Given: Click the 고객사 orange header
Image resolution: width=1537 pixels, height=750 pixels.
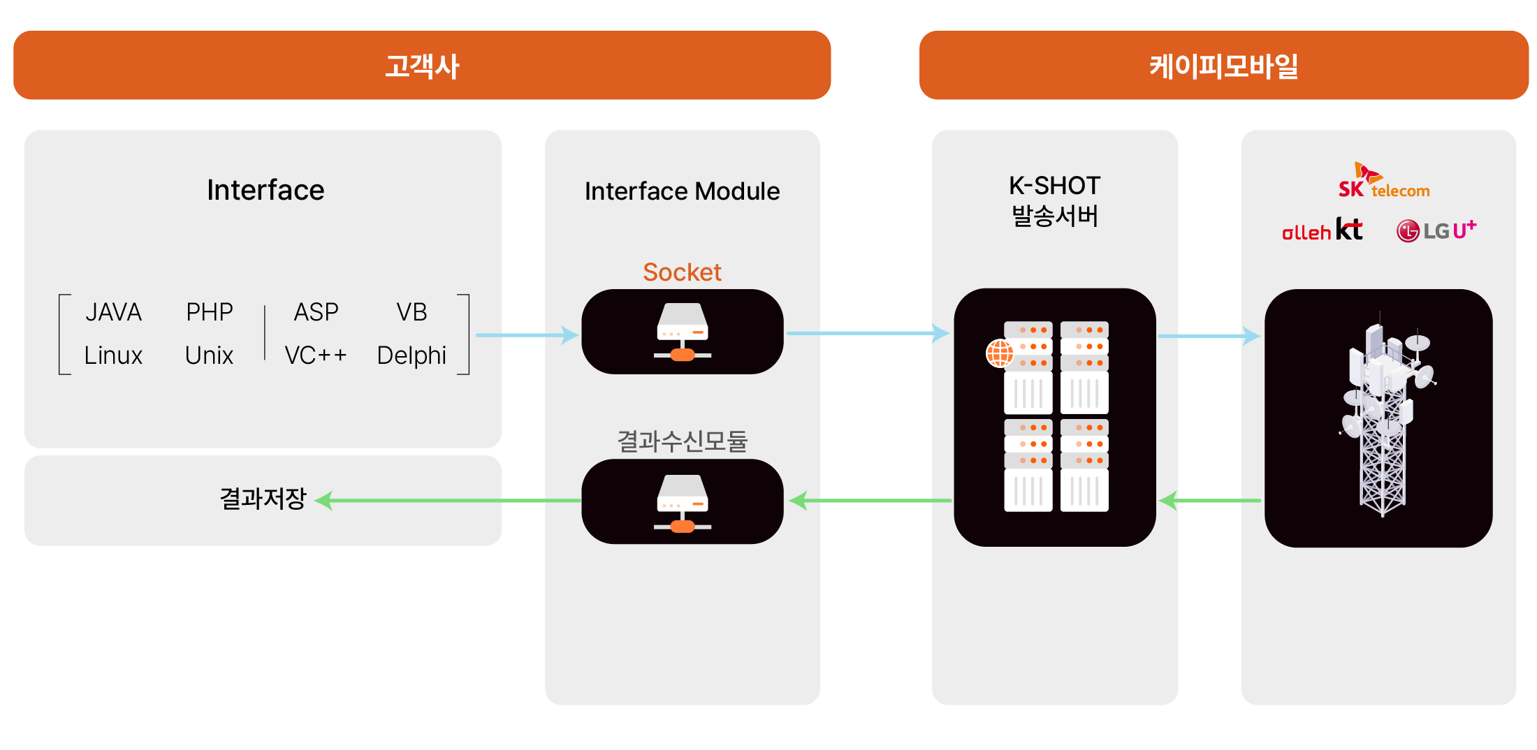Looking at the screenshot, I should (422, 66).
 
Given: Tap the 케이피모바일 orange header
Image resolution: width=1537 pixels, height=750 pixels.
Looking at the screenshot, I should (1223, 66).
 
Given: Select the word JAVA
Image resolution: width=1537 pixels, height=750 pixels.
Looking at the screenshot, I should (113, 311).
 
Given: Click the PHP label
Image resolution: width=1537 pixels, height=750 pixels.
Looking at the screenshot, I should (209, 311).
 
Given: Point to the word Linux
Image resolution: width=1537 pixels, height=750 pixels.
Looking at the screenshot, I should (113, 355).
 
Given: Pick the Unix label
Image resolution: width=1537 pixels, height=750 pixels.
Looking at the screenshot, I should (209, 355).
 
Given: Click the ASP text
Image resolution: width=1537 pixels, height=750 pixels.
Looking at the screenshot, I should (316, 311).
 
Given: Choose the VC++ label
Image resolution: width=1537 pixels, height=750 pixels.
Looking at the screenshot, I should (316, 355).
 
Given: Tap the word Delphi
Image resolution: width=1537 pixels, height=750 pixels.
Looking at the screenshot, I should (411, 355).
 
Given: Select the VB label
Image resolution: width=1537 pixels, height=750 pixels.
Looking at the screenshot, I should (411, 311).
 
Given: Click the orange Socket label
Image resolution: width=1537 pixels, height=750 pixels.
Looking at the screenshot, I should (682, 272).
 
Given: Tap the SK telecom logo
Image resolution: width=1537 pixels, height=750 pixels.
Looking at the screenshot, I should (1383, 182).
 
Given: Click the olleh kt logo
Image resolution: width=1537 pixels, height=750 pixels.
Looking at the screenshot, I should (1322, 230).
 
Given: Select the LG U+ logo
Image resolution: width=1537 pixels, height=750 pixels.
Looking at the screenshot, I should (1436, 230).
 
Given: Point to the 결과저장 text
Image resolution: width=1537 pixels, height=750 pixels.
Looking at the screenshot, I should (263, 498).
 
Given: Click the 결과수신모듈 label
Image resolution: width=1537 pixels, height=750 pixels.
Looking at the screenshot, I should (682, 441).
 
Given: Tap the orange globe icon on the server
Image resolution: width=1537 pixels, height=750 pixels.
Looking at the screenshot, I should (1000, 353).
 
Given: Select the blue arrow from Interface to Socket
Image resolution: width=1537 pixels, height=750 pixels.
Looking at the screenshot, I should (527, 335).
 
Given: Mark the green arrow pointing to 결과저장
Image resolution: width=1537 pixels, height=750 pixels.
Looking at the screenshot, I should (447, 500).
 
